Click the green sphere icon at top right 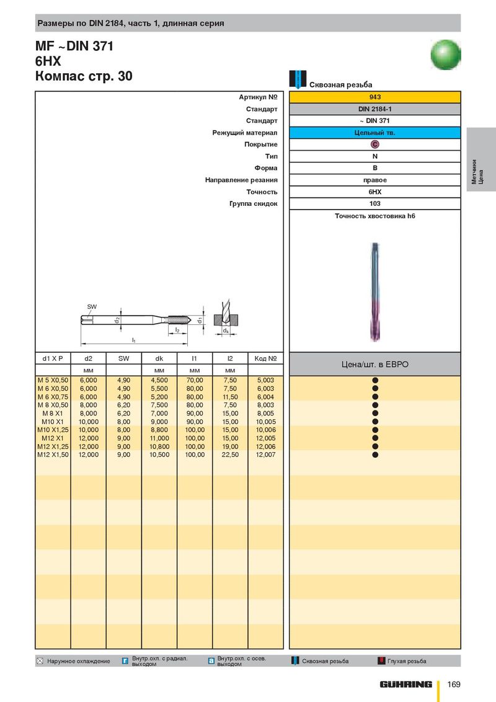tap(446, 54)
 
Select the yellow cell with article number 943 tap(375, 97)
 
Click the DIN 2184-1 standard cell tap(375, 109)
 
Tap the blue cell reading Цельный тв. tap(375, 133)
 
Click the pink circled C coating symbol tap(375, 144)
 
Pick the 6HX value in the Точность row tap(375, 192)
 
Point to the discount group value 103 tap(375, 203)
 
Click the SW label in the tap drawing tap(92, 307)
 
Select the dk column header tap(159, 358)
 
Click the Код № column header tap(265, 358)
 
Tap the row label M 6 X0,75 tap(53, 397)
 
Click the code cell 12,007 tap(265, 455)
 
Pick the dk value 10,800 tap(159, 447)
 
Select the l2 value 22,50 tap(230, 455)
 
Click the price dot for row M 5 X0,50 tap(375, 380)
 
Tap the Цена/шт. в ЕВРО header tap(375, 364)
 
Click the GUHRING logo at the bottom tap(406, 685)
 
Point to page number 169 tap(454, 685)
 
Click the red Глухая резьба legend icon tap(382, 661)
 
